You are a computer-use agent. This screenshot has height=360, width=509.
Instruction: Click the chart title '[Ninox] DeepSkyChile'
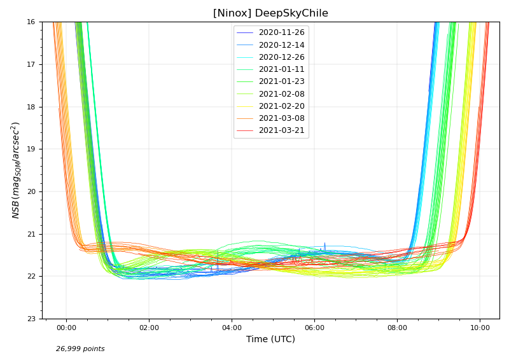tap(270, 13)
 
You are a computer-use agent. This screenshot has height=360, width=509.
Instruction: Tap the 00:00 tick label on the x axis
tap(66, 328)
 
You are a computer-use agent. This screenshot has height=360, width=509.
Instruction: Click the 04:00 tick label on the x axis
tap(232, 328)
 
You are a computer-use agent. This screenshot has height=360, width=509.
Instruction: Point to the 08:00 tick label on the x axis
tap(397, 328)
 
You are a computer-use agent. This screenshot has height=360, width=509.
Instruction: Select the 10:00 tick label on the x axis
tap(480, 328)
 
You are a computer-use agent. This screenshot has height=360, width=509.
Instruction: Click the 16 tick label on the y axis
tap(31, 22)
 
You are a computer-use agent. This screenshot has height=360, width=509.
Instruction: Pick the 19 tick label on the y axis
tap(31, 149)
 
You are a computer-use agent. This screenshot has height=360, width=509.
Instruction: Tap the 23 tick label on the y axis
tap(31, 319)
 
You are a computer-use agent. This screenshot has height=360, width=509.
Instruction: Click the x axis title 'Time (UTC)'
tap(270, 340)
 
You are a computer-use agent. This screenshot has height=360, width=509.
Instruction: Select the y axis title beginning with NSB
tap(16, 170)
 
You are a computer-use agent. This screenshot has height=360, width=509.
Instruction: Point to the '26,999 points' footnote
tap(80, 349)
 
